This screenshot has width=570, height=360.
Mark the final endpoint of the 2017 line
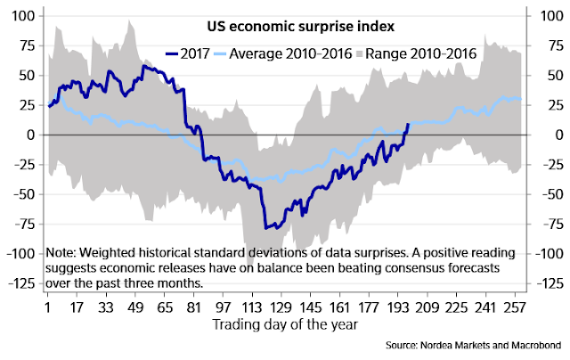coord(408,124)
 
